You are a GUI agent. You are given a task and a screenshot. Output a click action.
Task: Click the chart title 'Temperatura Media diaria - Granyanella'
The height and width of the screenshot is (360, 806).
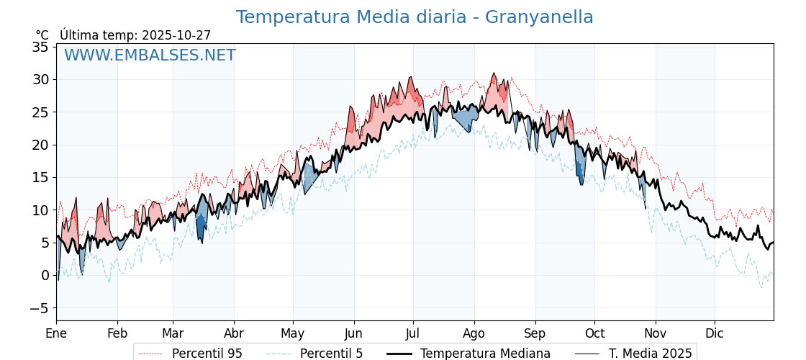(415, 17)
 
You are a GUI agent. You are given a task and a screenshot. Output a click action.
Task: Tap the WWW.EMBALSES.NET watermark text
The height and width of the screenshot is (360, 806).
(150, 55)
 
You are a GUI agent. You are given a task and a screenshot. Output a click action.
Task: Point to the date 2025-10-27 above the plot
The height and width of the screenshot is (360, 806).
(176, 35)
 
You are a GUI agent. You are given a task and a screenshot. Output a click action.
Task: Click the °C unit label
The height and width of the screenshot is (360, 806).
(42, 35)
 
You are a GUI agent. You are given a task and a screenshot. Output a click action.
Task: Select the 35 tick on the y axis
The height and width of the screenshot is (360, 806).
(40, 47)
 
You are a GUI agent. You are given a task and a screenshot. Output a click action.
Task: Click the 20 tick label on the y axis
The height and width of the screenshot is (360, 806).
(40, 145)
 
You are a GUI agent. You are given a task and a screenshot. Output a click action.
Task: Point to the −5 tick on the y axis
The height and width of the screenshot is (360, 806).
(37, 308)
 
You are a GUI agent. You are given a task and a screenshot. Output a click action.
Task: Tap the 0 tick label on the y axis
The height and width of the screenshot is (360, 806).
(45, 275)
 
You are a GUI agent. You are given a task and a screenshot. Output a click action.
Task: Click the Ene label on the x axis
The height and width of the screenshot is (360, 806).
(56, 333)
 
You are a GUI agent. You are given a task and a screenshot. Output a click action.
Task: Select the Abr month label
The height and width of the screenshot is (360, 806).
(234, 333)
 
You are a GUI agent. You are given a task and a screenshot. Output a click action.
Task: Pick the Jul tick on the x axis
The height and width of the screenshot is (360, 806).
(413, 333)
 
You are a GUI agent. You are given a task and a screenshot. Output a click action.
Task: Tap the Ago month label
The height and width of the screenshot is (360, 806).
(474, 333)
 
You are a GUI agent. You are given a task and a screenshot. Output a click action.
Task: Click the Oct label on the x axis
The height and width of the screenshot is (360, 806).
(594, 333)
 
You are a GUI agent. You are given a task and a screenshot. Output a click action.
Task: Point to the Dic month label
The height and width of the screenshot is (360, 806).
(715, 333)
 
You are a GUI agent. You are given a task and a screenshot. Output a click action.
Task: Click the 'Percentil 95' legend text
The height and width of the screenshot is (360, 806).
(207, 354)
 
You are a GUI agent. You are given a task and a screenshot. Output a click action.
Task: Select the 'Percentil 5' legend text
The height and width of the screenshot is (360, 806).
(331, 354)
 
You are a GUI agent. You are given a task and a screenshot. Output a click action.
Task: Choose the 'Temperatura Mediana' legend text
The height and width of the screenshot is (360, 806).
(485, 354)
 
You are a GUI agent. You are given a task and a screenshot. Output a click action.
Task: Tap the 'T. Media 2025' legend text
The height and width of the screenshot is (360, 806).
(651, 354)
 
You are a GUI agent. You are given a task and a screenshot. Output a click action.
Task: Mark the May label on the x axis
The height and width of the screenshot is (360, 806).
(293, 333)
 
